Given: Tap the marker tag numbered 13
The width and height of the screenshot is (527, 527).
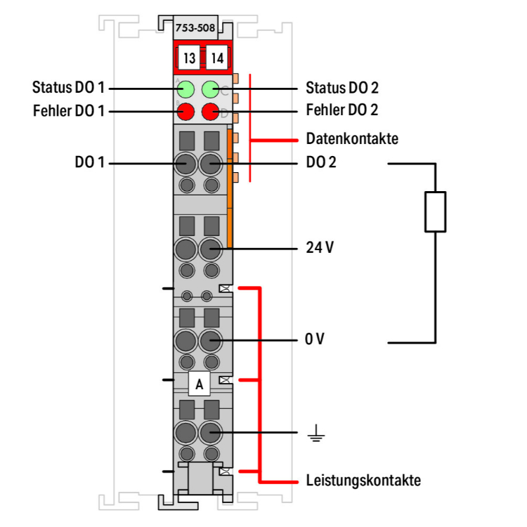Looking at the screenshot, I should (x=188, y=58).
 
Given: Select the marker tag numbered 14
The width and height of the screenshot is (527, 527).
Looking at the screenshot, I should (x=216, y=58).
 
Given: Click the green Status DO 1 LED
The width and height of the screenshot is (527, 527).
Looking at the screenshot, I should (x=186, y=89).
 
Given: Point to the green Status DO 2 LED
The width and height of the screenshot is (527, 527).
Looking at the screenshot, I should (x=210, y=89).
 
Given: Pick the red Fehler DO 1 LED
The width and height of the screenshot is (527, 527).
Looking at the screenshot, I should (x=186, y=111).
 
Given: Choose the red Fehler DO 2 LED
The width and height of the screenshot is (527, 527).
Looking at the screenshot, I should (x=210, y=111).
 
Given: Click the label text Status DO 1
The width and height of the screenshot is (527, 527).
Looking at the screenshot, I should (x=68, y=89).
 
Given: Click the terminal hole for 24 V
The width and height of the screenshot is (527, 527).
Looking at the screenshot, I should (x=210, y=249).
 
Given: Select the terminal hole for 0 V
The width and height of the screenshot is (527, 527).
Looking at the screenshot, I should (x=210, y=341).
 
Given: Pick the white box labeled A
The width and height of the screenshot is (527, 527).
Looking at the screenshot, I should (x=200, y=384).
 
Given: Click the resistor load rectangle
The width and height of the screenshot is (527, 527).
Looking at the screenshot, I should (x=435, y=212).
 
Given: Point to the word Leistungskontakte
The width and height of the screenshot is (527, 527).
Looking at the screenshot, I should (x=363, y=481).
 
